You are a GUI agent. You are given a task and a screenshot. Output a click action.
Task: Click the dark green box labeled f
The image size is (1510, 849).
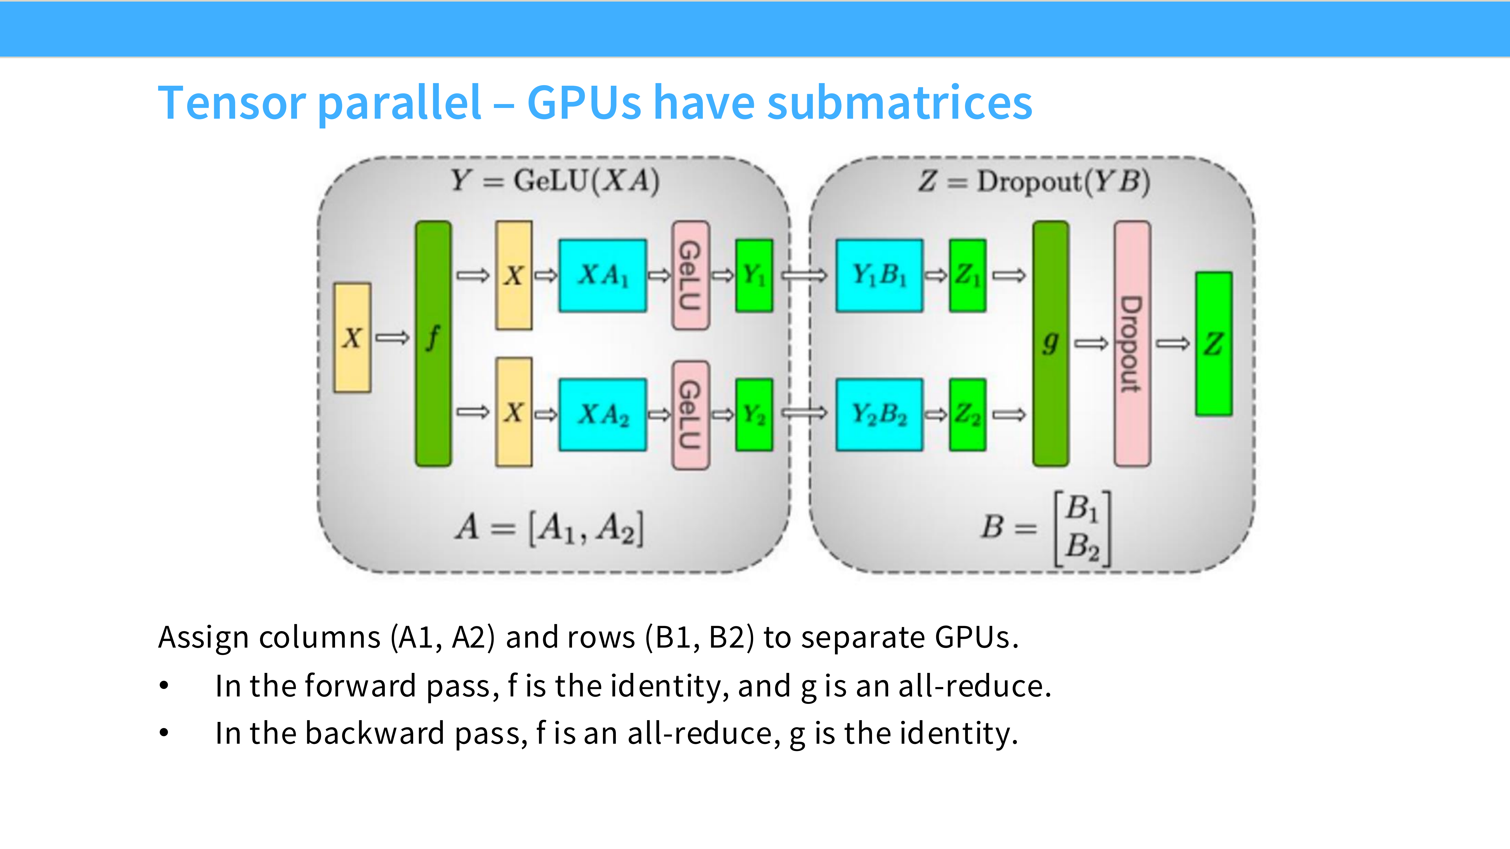click(433, 344)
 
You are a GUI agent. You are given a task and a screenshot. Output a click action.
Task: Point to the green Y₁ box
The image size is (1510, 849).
click(754, 275)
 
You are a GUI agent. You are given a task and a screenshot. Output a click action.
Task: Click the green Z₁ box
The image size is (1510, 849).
click(968, 275)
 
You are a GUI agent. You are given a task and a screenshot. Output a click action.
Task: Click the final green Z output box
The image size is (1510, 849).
click(1214, 344)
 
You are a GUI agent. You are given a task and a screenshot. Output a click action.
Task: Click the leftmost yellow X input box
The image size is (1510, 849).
click(352, 338)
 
